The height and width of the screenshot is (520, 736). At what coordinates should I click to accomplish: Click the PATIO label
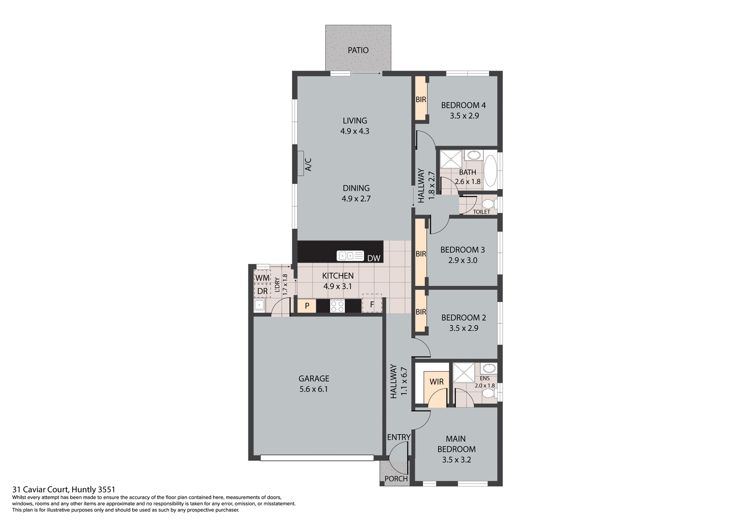tap(358, 50)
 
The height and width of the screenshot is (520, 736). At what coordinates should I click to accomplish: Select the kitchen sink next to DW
tap(350, 256)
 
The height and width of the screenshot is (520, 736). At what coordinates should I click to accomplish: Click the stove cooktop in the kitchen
tap(337, 306)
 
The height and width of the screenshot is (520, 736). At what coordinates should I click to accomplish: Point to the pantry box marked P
tap(307, 306)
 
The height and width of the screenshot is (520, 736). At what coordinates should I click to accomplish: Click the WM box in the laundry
tap(262, 277)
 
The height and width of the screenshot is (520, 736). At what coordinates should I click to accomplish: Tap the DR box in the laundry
tap(262, 291)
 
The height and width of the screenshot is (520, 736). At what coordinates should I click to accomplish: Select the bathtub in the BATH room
tap(490, 171)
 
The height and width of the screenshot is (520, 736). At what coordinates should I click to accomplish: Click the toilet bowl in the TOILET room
tap(488, 203)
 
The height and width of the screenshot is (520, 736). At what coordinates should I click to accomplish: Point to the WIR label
tap(436, 382)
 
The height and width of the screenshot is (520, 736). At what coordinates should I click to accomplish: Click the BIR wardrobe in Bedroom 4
tap(421, 99)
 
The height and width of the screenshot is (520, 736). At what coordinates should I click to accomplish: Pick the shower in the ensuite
tap(463, 372)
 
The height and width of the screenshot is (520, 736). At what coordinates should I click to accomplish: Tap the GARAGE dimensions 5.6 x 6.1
tap(314, 389)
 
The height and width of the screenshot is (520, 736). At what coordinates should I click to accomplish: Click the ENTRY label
tap(399, 437)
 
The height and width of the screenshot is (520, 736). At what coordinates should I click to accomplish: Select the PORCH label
tap(396, 479)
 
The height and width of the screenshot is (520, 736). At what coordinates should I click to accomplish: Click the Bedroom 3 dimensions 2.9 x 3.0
tap(463, 260)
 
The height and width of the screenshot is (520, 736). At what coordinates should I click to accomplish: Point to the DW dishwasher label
tap(373, 258)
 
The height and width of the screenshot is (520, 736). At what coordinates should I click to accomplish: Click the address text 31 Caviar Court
tap(64, 489)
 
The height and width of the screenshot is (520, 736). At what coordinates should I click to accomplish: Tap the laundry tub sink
tap(259, 305)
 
